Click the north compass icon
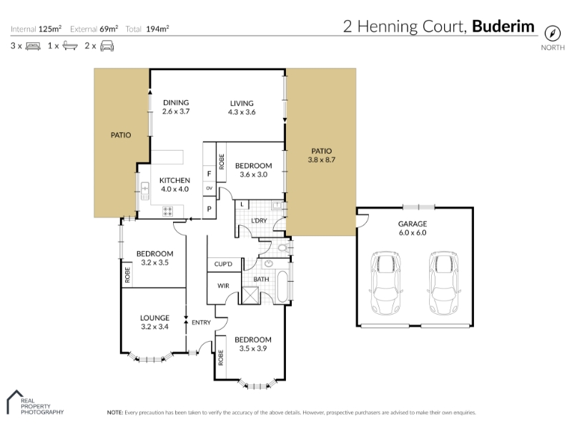pyautogui.click(x=551, y=33)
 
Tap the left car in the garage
pyautogui.click(x=385, y=283)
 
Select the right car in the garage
pyautogui.click(x=443, y=283)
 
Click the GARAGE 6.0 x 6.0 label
pyautogui.click(x=412, y=228)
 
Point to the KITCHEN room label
pyautogui.click(x=174, y=184)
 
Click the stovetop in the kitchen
pyautogui.click(x=169, y=211)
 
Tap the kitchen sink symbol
pyautogui.click(x=144, y=190)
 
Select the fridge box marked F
pyautogui.click(x=209, y=173)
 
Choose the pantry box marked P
pyautogui.click(x=209, y=209)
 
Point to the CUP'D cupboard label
pyautogui.click(x=223, y=265)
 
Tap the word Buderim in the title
pyautogui.click(x=503, y=27)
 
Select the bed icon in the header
pyautogui.click(x=33, y=46)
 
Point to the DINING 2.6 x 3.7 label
pyautogui.click(x=175, y=107)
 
